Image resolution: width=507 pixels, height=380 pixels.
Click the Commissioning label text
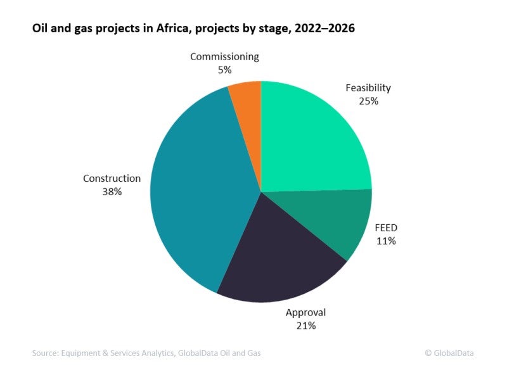click(x=224, y=56)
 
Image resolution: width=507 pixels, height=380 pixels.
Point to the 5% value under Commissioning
click(x=224, y=70)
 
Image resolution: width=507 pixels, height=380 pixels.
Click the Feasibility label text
click(x=368, y=87)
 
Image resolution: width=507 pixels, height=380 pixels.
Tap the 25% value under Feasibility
click(x=368, y=101)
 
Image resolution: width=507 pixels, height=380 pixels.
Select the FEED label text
click(x=385, y=227)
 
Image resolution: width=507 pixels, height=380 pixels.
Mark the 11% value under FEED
click(x=385, y=241)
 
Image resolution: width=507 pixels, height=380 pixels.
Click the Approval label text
click(x=305, y=312)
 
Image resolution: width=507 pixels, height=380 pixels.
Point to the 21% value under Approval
click(x=305, y=326)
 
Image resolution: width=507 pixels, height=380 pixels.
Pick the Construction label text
click(x=112, y=178)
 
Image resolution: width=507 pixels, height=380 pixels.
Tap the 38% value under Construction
click(x=112, y=191)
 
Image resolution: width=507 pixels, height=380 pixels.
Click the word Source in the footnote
click(x=45, y=353)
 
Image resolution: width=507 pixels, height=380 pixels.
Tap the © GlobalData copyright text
click(x=449, y=353)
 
